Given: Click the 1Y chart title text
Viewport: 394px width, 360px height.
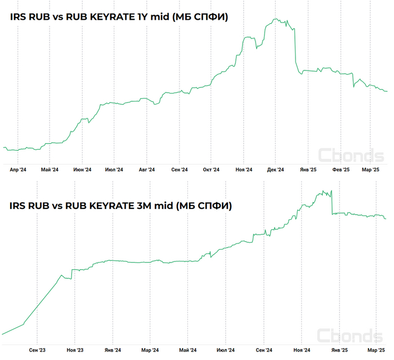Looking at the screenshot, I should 119,17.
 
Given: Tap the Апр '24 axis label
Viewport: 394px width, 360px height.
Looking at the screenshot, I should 18,169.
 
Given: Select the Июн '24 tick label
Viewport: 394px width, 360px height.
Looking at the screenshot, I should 82,169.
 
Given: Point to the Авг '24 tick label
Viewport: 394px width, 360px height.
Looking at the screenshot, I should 146,169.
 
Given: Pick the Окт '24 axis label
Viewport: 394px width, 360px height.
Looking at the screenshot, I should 211,169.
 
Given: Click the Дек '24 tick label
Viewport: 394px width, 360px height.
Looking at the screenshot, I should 276,169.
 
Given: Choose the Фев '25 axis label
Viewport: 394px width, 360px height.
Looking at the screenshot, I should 341,169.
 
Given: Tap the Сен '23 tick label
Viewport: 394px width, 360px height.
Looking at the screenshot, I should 37,350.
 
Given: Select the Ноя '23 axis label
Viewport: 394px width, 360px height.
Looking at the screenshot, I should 75,350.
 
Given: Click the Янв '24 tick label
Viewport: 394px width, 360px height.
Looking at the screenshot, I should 113,350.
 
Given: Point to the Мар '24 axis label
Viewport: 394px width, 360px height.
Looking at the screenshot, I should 150,350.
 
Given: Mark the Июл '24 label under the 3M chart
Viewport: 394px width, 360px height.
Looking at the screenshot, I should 226,350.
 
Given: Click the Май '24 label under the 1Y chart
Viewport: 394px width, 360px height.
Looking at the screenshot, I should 50,169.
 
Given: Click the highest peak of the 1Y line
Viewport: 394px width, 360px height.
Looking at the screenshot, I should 275,19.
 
